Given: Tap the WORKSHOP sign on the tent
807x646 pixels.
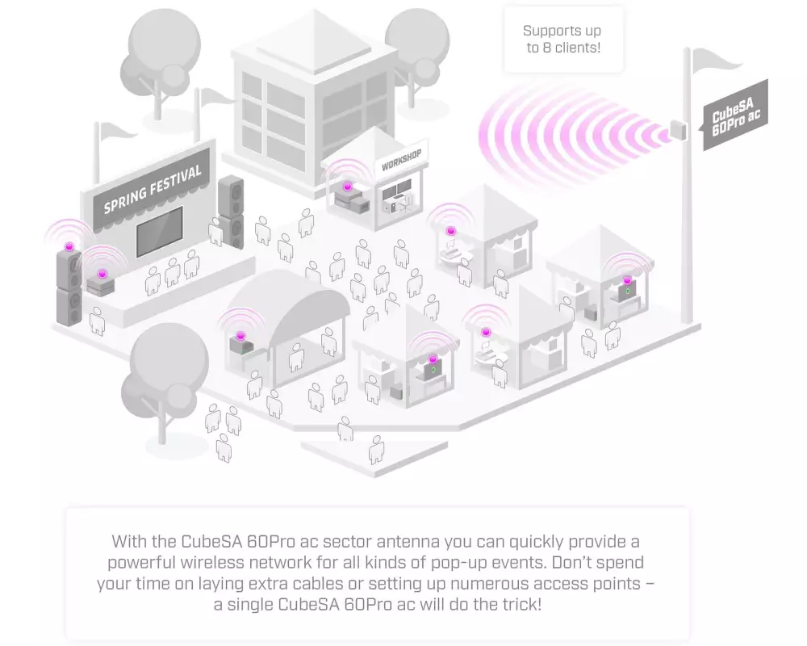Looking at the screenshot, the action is [x=401, y=160].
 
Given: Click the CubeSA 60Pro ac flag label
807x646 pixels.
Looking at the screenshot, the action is [x=736, y=115].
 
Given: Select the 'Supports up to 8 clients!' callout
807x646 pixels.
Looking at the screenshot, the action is [x=563, y=39].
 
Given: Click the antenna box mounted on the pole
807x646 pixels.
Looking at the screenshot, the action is [x=679, y=130].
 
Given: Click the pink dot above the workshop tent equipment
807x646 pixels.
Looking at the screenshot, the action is [x=348, y=187].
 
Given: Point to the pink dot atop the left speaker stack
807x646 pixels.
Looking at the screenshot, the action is [x=69, y=247].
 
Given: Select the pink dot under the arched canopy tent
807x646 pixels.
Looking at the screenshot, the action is [x=240, y=336].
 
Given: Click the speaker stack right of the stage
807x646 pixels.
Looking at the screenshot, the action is [x=231, y=212].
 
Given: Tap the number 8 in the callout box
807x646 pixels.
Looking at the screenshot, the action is [x=546, y=48].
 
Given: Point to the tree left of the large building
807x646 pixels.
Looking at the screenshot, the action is [x=160, y=62].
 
